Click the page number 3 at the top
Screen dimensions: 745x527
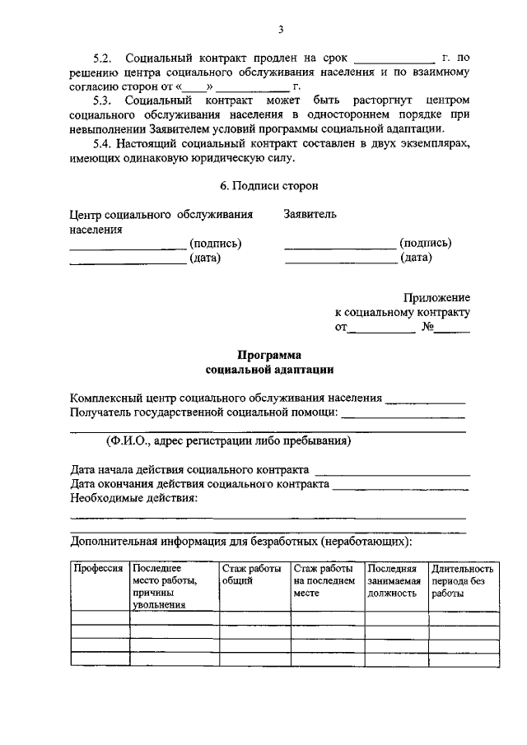[x=281, y=30]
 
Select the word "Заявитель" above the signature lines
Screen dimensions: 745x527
[x=310, y=215]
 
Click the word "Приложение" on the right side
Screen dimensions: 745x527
[x=436, y=298]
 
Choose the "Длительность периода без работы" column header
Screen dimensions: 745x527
[x=463, y=580]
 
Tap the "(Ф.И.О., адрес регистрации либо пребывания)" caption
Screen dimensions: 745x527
[x=229, y=440]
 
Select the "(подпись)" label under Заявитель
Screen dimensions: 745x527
[x=425, y=243]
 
